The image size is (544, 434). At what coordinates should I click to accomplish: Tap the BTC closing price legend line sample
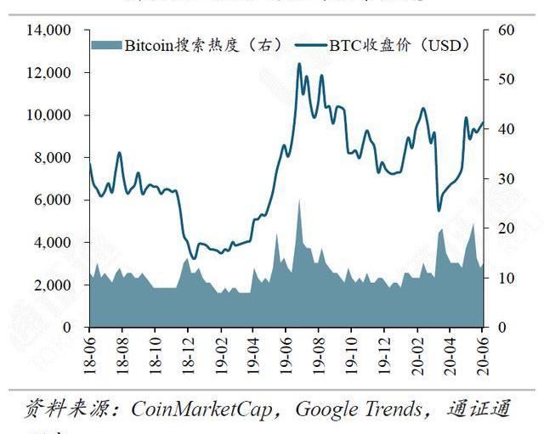point(310,45)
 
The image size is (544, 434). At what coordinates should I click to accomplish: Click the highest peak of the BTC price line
point(299,64)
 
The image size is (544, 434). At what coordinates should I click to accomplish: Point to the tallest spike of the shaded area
point(299,201)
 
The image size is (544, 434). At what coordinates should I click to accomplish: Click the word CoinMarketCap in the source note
point(203,409)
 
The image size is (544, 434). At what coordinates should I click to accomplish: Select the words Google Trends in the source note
point(358,409)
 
